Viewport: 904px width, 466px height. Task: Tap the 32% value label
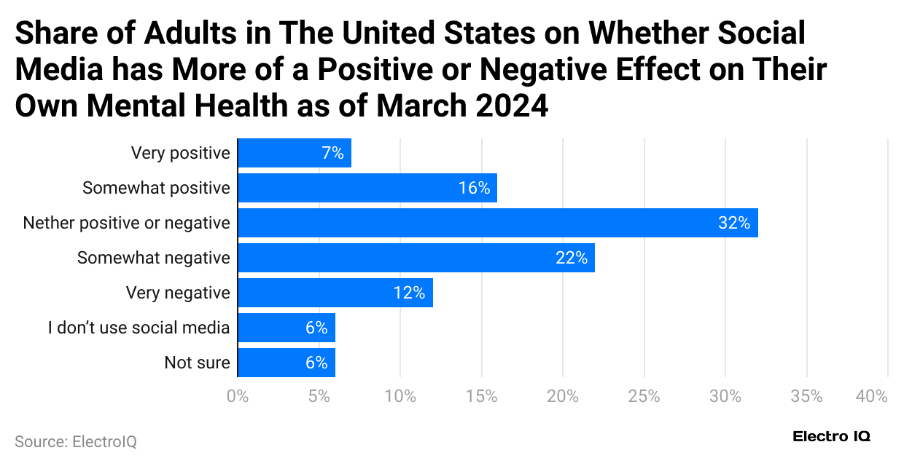(733, 224)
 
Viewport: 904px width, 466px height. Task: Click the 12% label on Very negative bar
(408, 293)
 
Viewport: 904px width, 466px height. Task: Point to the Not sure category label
(197, 363)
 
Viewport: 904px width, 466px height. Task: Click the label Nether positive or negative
(126, 223)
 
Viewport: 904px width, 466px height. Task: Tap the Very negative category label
(178, 293)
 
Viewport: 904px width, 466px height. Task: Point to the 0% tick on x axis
(238, 397)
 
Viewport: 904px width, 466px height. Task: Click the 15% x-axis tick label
(482, 397)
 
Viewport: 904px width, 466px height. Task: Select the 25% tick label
(644, 397)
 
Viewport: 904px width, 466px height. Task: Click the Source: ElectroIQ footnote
(75, 441)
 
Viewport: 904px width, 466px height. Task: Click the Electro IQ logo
(831, 436)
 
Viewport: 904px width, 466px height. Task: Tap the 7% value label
(332, 154)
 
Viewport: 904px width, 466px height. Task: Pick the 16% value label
(474, 189)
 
